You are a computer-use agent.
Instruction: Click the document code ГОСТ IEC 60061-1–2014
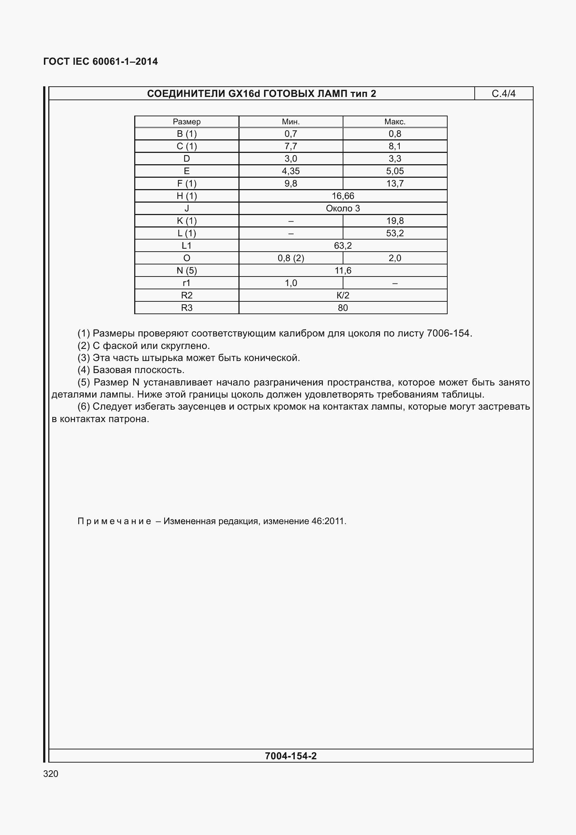(101, 62)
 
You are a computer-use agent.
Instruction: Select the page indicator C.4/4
(503, 94)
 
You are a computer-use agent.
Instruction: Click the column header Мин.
(291, 122)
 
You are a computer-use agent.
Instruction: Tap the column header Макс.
(395, 122)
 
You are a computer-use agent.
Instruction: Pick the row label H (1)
(187, 196)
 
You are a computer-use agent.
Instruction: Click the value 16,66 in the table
(343, 196)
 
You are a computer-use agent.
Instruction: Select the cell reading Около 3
(343, 208)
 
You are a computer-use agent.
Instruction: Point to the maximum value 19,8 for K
(395, 221)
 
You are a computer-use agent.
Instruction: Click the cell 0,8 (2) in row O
(291, 258)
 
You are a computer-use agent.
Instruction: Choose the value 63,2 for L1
(343, 246)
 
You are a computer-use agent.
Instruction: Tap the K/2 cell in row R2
(343, 296)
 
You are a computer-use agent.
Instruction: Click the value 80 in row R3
(343, 308)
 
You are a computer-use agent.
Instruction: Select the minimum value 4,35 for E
(291, 171)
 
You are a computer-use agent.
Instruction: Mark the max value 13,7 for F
(395, 184)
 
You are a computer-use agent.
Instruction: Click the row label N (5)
(187, 271)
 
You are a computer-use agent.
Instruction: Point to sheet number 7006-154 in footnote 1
(449, 334)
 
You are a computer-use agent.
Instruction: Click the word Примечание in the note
(114, 521)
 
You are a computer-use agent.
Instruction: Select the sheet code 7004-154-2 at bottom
(291, 756)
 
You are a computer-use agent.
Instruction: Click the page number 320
(51, 774)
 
